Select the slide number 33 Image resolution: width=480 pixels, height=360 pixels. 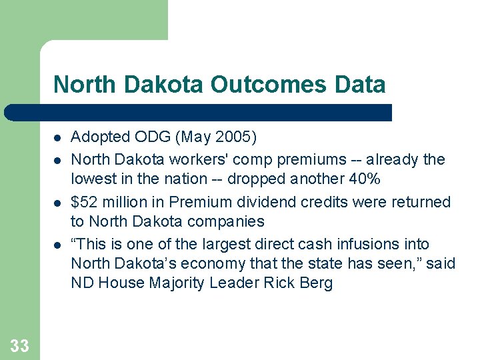point(20,345)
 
